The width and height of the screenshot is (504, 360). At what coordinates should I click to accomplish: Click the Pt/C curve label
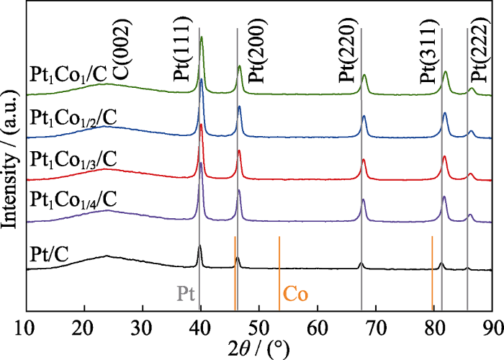(x=50, y=253)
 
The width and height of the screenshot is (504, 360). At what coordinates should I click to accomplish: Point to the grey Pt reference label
(x=186, y=294)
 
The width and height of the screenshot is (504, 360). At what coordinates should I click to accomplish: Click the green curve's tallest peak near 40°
(x=201, y=37)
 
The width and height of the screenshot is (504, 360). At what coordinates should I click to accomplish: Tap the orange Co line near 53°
(x=279, y=274)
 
